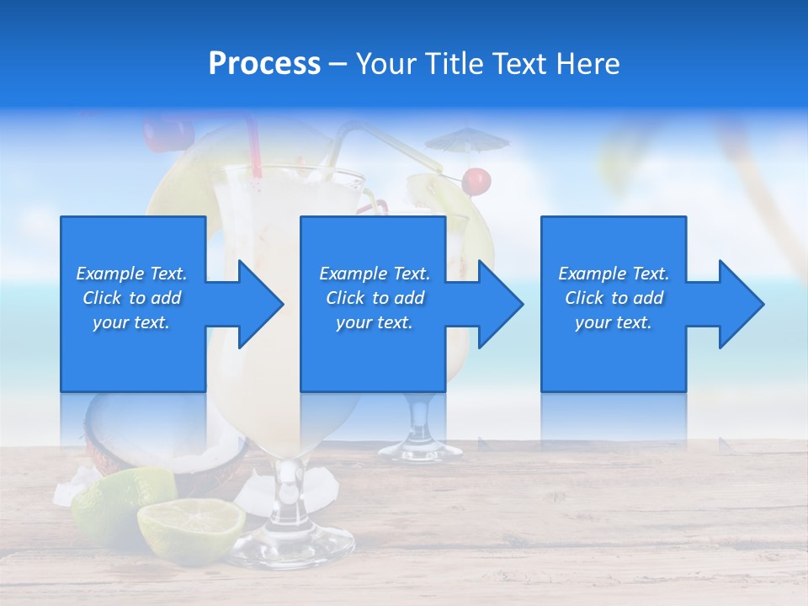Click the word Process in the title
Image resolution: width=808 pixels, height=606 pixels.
tap(264, 64)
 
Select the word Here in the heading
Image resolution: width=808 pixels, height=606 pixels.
tap(588, 64)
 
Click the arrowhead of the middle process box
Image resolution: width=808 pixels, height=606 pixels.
tap(499, 304)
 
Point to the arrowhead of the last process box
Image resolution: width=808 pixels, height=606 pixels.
tap(740, 304)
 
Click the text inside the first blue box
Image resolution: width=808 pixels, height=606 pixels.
tap(132, 298)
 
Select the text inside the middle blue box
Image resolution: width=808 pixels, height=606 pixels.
tap(375, 298)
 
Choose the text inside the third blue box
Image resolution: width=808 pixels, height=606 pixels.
tap(614, 298)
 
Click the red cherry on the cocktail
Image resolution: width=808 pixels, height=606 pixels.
tap(476, 179)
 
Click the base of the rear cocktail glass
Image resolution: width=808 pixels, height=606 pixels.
tap(420, 450)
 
